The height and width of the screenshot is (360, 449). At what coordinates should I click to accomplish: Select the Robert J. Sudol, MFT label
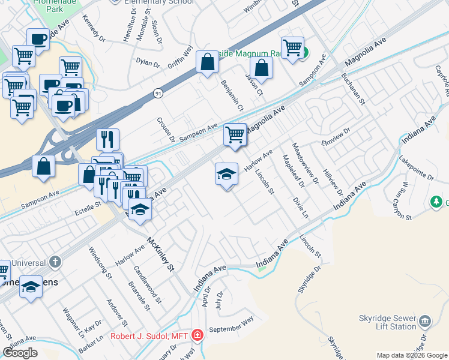tap(152, 336)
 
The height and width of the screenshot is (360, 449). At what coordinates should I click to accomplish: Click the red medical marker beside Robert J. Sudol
tap(197, 335)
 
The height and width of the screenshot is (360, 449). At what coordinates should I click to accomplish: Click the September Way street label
tap(232, 325)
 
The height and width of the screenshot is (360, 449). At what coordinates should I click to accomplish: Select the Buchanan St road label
tap(352, 88)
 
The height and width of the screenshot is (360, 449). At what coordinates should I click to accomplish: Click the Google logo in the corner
tap(20, 353)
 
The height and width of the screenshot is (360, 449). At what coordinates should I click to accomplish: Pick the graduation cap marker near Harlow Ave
tap(226, 175)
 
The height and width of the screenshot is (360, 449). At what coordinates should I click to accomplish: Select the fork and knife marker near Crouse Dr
tap(108, 139)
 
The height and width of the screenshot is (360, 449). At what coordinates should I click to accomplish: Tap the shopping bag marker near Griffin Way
tap(207, 62)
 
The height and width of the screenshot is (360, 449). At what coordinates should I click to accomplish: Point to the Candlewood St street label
tap(147, 284)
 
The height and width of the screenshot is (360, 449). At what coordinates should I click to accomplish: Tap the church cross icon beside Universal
tap(55, 262)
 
